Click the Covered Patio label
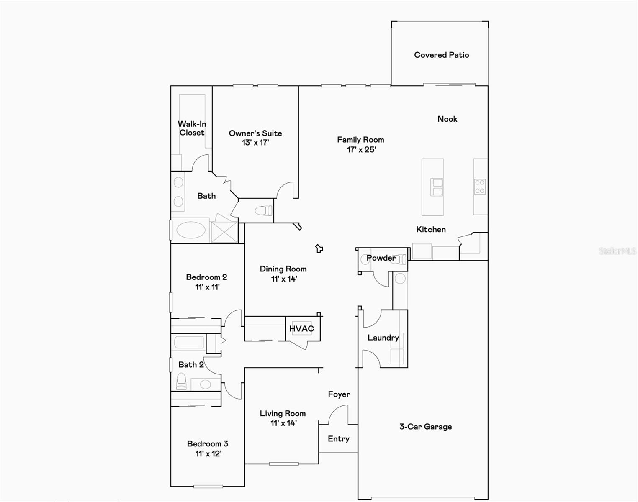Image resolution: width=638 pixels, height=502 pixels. pos(441,55)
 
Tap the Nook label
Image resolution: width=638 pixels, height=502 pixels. pos(448,119)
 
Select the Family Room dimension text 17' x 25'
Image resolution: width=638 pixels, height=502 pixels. pos(361,150)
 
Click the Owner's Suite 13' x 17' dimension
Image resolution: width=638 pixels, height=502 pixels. pos(255,143)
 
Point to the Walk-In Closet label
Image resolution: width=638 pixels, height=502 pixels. pos(192,128)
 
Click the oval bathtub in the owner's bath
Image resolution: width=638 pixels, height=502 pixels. pos(191,230)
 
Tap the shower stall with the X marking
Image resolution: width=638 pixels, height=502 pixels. pos(224,232)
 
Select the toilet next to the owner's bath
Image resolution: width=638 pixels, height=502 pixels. pos(264,211)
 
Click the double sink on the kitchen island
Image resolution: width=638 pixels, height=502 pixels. pos(437,187)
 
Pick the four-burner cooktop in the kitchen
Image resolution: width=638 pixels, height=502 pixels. pos(480,187)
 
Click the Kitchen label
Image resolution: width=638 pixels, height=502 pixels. pos(431,229)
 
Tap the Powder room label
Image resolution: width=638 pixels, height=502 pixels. pos(381,258)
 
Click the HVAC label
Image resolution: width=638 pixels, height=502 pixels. pos(301,329)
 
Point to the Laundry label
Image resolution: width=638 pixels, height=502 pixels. pos(383,338)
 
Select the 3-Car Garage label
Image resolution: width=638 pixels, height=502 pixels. pos(425,427)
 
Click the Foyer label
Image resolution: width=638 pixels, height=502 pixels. pos(339,394)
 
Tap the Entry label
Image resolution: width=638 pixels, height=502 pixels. pos(339,439)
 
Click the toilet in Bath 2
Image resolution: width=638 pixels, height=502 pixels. pos(181,382)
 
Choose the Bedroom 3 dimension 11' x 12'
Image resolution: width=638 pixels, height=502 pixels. pos(208,454)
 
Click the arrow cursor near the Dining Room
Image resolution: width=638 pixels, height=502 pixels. pos(319,248)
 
